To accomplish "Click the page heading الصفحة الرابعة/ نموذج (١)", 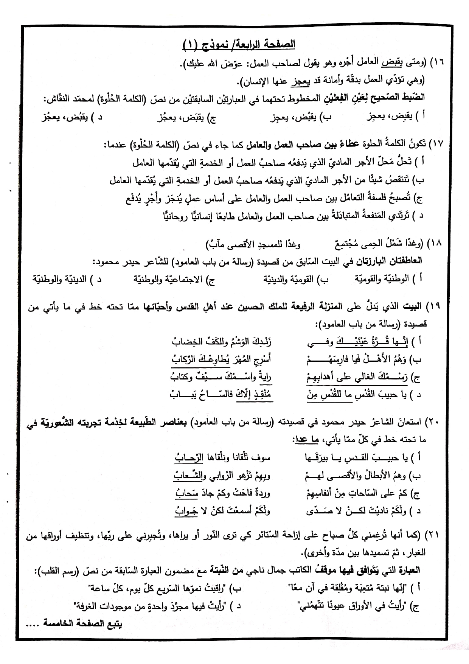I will (239, 45).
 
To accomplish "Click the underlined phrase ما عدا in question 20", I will (309, 439).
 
